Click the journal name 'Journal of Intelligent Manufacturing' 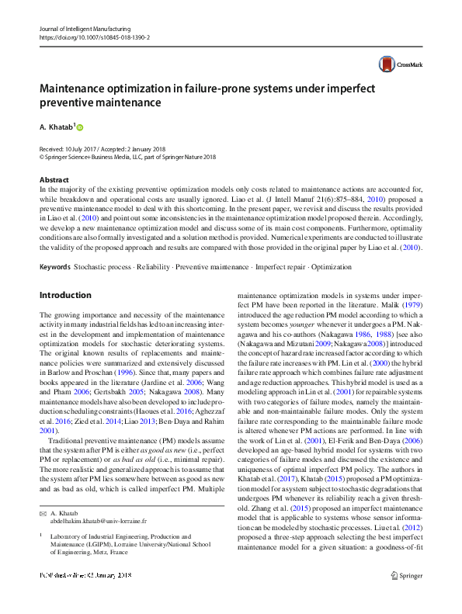85,28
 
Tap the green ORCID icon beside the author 79,127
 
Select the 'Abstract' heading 54,179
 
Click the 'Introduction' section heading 65,295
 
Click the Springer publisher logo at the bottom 406,597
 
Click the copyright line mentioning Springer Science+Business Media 116,156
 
